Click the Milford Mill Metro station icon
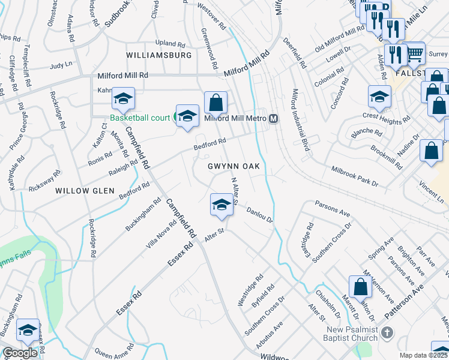click(273, 118)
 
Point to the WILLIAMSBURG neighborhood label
click(159, 55)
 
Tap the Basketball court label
click(140, 118)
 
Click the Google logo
click(20, 353)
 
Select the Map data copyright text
click(424, 355)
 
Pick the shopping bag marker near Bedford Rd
click(215, 103)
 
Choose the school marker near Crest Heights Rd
click(379, 96)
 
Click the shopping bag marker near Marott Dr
click(361, 287)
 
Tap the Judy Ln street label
click(61, 64)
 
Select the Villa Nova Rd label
click(161, 234)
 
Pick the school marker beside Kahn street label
click(123, 100)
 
